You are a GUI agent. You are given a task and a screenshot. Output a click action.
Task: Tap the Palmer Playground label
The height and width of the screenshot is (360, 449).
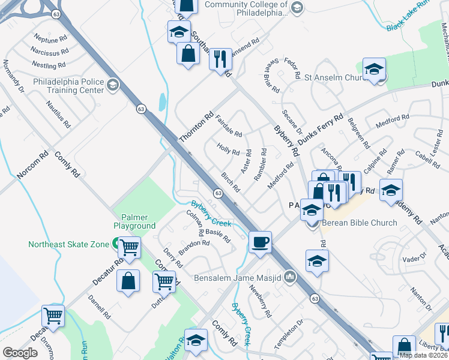pos(134,221)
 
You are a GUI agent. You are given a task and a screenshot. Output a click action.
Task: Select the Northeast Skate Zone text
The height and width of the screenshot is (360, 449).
pos(68,244)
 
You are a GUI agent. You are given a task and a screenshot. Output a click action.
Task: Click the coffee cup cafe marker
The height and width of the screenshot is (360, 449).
pos(260,242)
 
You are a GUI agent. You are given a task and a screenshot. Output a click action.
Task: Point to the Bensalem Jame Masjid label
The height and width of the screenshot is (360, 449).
pos(238,278)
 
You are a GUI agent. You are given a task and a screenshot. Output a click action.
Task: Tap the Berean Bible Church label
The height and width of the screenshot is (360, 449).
pos(360,223)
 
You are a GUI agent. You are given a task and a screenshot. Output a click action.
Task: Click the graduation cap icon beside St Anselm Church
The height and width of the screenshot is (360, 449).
pos(373,70)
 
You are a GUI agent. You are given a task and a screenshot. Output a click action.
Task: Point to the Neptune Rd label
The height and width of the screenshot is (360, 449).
pos(51,40)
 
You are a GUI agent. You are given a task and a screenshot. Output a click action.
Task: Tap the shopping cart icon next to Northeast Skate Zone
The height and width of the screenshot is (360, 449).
pos(129,246)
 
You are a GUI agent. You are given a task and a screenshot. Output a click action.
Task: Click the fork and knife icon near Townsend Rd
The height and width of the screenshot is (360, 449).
pos(220,59)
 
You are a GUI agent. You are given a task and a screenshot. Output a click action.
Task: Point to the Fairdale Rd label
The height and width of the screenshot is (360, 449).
pos(228,126)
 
